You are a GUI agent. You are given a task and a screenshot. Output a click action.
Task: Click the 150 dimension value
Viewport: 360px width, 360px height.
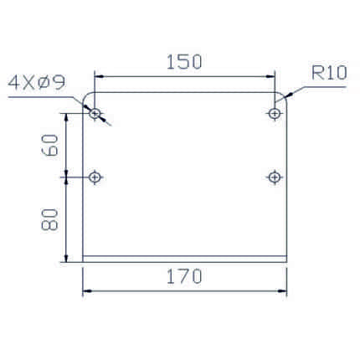pos(184,62)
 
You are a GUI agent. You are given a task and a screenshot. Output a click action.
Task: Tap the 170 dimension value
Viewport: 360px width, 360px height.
pos(184,276)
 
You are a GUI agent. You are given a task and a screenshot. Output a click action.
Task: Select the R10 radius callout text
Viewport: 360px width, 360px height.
pos(329,73)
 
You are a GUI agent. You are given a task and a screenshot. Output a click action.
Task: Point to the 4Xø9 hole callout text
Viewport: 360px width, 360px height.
pos(37,83)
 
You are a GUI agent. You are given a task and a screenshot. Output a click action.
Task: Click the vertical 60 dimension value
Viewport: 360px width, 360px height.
pos(49,145)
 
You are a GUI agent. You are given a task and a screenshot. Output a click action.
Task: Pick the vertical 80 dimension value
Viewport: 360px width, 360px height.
pos(49,219)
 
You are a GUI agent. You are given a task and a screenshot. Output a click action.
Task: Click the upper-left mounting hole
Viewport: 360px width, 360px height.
pos(95,114)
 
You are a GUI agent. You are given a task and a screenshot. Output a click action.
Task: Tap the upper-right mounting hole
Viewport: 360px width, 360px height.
pos(275,114)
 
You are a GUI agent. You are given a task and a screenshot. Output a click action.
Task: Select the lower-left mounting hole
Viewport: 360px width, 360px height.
pos(95,177)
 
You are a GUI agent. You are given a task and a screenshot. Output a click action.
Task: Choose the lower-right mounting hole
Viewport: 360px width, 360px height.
pos(275,177)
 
